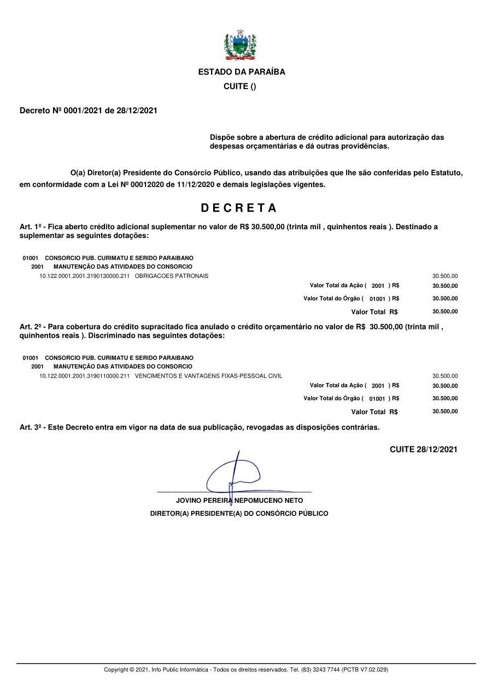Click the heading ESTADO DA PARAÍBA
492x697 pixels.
pos(241,72)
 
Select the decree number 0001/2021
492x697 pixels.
pos(82,111)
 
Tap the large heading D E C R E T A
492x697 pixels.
pos(239,208)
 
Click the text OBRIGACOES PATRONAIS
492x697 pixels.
pos(171,276)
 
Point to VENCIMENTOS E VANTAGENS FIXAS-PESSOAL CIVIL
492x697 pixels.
pos(208,376)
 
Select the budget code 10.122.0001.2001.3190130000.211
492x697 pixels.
pos(84,276)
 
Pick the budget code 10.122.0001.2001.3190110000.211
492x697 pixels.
pos(84,376)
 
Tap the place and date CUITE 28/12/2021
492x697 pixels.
pos(423,450)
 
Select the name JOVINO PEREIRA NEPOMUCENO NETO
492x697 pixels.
pos(239,501)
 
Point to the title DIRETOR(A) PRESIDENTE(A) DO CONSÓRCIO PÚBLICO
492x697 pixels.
pos(239,514)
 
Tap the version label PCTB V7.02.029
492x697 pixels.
pos(365,670)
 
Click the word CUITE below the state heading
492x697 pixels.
pos(236,87)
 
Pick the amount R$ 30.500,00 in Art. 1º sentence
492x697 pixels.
pos(262,226)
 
